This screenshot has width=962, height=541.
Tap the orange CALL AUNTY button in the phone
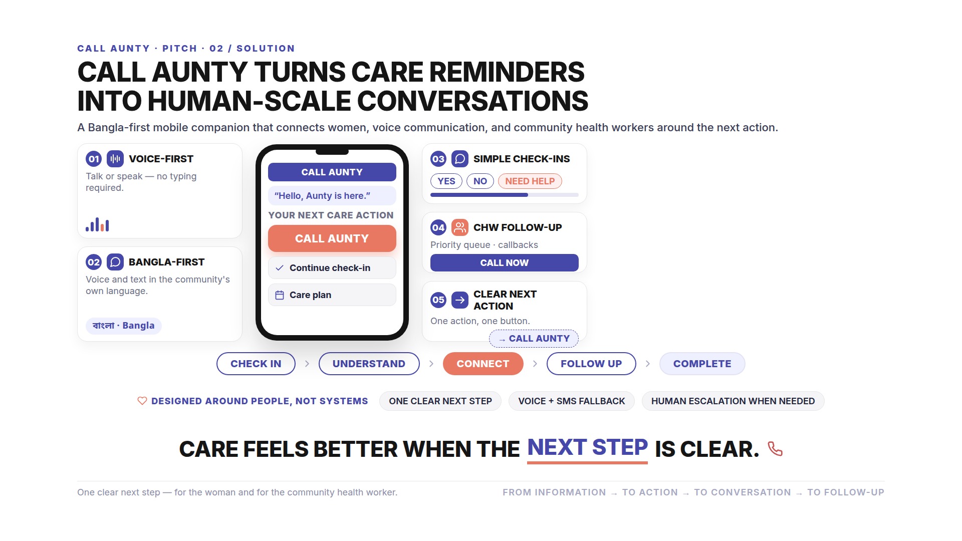pyautogui.click(x=332, y=238)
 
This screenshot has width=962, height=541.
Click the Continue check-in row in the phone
pyautogui.click(x=332, y=268)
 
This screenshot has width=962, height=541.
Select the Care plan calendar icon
pyautogui.click(x=280, y=295)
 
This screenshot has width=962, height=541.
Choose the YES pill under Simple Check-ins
pyautogui.click(x=446, y=181)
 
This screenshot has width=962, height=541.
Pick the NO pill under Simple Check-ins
pyautogui.click(x=480, y=181)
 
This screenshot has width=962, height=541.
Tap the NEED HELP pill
pyautogui.click(x=530, y=181)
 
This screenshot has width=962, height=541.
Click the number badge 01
pyautogui.click(x=94, y=159)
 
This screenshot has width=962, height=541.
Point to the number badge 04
pyautogui.click(x=438, y=228)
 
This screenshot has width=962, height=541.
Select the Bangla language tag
pyautogui.click(x=124, y=326)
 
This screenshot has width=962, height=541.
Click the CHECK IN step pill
pyautogui.click(x=256, y=364)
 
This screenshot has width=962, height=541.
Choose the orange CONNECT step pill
pyautogui.click(x=483, y=364)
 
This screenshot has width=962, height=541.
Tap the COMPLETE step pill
pyautogui.click(x=702, y=364)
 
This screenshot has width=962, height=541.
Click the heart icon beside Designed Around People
pyautogui.click(x=142, y=401)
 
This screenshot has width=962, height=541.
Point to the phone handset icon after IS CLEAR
pyautogui.click(x=775, y=449)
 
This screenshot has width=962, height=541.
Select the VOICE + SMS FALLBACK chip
pyautogui.click(x=572, y=401)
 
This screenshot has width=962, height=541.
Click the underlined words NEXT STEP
pyautogui.click(x=587, y=447)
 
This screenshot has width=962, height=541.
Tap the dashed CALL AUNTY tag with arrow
pyautogui.click(x=534, y=339)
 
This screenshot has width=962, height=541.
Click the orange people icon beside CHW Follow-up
pyautogui.click(x=460, y=228)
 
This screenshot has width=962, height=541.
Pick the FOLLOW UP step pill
pyautogui.click(x=591, y=364)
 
